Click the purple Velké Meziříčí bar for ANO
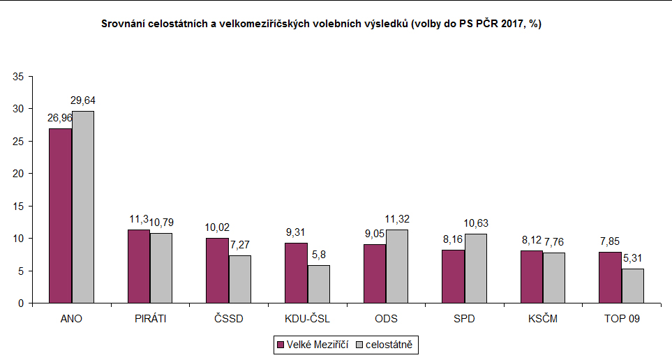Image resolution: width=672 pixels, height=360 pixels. pyautogui.click(x=61, y=216)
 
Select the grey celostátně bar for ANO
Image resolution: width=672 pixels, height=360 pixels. pyautogui.click(x=83, y=207)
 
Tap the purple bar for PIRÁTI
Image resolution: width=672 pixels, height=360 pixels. pyautogui.click(x=140, y=267)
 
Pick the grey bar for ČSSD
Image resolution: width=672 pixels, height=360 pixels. pyautogui.click(x=241, y=279)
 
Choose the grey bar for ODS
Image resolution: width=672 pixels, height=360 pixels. pyautogui.click(x=398, y=267)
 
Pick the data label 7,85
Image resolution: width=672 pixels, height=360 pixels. pyautogui.click(x=611, y=243)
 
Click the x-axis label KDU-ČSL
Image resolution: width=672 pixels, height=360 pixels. pyautogui.click(x=308, y=320)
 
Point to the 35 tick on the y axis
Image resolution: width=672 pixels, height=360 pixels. pyautogui.click(x=18, y=76)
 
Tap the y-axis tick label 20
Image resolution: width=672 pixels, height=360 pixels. pyautogui.click(x=18, y=174)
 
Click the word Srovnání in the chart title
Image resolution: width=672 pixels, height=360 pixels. pyautogui.click(x=123, y=24)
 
